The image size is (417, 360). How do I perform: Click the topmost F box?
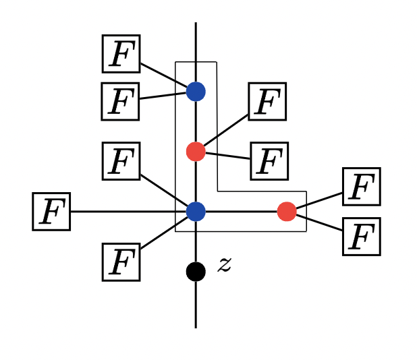(121, 54)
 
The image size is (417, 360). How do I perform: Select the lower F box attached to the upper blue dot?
(120, 101)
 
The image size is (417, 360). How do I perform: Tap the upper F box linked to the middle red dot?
(267, 102)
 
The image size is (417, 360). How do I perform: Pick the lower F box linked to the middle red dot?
(269, 161)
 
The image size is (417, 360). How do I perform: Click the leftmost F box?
(51, 211)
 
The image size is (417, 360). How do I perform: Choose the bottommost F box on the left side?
(121, 262)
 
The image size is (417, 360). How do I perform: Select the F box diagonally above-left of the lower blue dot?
(121, 161)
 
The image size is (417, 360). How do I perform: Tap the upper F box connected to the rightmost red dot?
(361, 187)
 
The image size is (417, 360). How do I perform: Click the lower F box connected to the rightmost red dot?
(361, 236)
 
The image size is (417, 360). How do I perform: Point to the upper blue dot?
(196, 91)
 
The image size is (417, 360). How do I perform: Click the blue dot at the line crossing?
(196, 212)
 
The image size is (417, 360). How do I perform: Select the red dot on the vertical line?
(196, 152)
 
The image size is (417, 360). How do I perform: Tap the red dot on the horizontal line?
(287, 212)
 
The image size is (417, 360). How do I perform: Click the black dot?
(196, 272)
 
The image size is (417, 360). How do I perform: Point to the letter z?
(225, 265)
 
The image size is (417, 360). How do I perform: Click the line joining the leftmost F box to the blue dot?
(128, 212)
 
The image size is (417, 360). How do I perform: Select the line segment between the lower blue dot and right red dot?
(241, 212)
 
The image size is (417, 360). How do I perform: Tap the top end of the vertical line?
(196, 24)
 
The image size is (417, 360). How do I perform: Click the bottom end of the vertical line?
(196, 326)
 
